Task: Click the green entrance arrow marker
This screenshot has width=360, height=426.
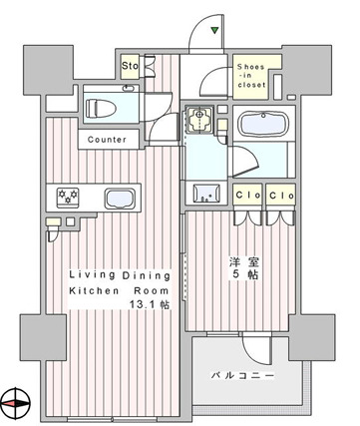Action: [x=214, y=31]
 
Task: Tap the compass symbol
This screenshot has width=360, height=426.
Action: [x=16, y=403]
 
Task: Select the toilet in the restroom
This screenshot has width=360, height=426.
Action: [x=101, y=108]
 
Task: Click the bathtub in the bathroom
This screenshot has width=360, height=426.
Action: [x=263, y=124]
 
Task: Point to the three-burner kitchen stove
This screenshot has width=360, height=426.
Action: [x=68, y=198]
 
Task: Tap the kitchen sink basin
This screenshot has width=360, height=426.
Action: [x=120, y=199]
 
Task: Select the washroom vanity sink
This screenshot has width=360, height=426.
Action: [x=206, y=193]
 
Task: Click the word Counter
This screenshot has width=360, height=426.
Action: [x=107, y=140]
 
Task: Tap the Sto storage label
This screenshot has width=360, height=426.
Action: [x=130, y=66]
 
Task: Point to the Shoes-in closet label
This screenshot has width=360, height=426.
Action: [x=251, y=76]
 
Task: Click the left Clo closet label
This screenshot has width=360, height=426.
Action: [x=248, y=195]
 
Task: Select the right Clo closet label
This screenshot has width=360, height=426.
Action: [x=281, y=196]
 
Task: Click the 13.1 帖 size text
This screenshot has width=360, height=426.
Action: [x=150, y=304]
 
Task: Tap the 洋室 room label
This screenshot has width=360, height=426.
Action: [x=244, y=262]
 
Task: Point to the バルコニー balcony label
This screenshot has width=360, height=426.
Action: [x=243, y=376]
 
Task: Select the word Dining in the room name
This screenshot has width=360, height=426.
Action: [x=147, y=275]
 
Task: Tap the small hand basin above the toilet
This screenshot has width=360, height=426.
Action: [x=129, y=88]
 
